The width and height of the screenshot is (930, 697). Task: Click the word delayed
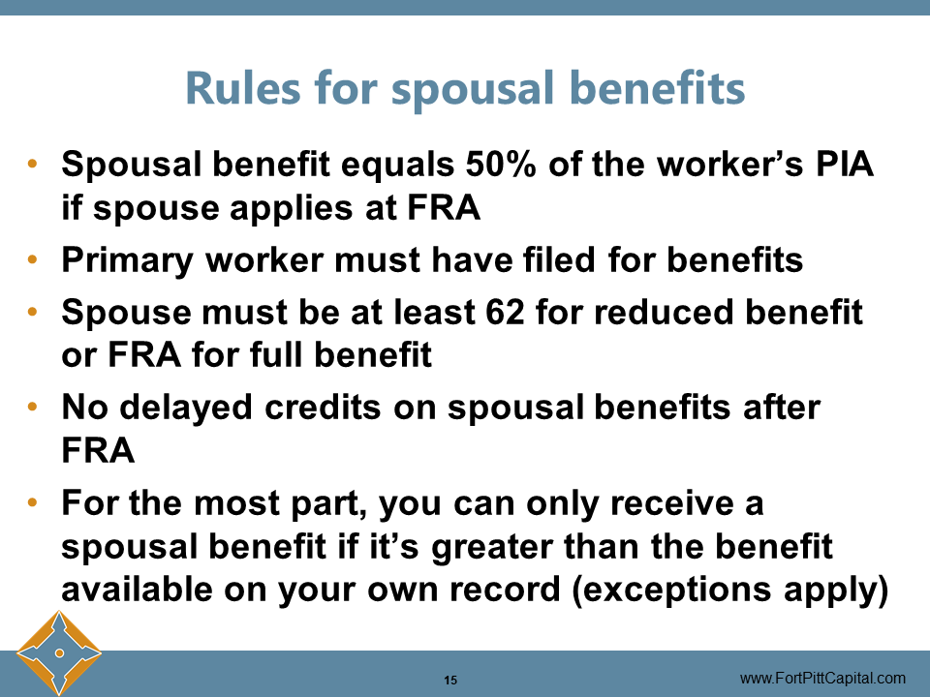point(184,408)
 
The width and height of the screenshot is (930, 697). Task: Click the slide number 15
point(449,679)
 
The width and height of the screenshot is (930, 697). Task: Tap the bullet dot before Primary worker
point(34,261)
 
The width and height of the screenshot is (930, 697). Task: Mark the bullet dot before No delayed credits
point(34,408)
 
